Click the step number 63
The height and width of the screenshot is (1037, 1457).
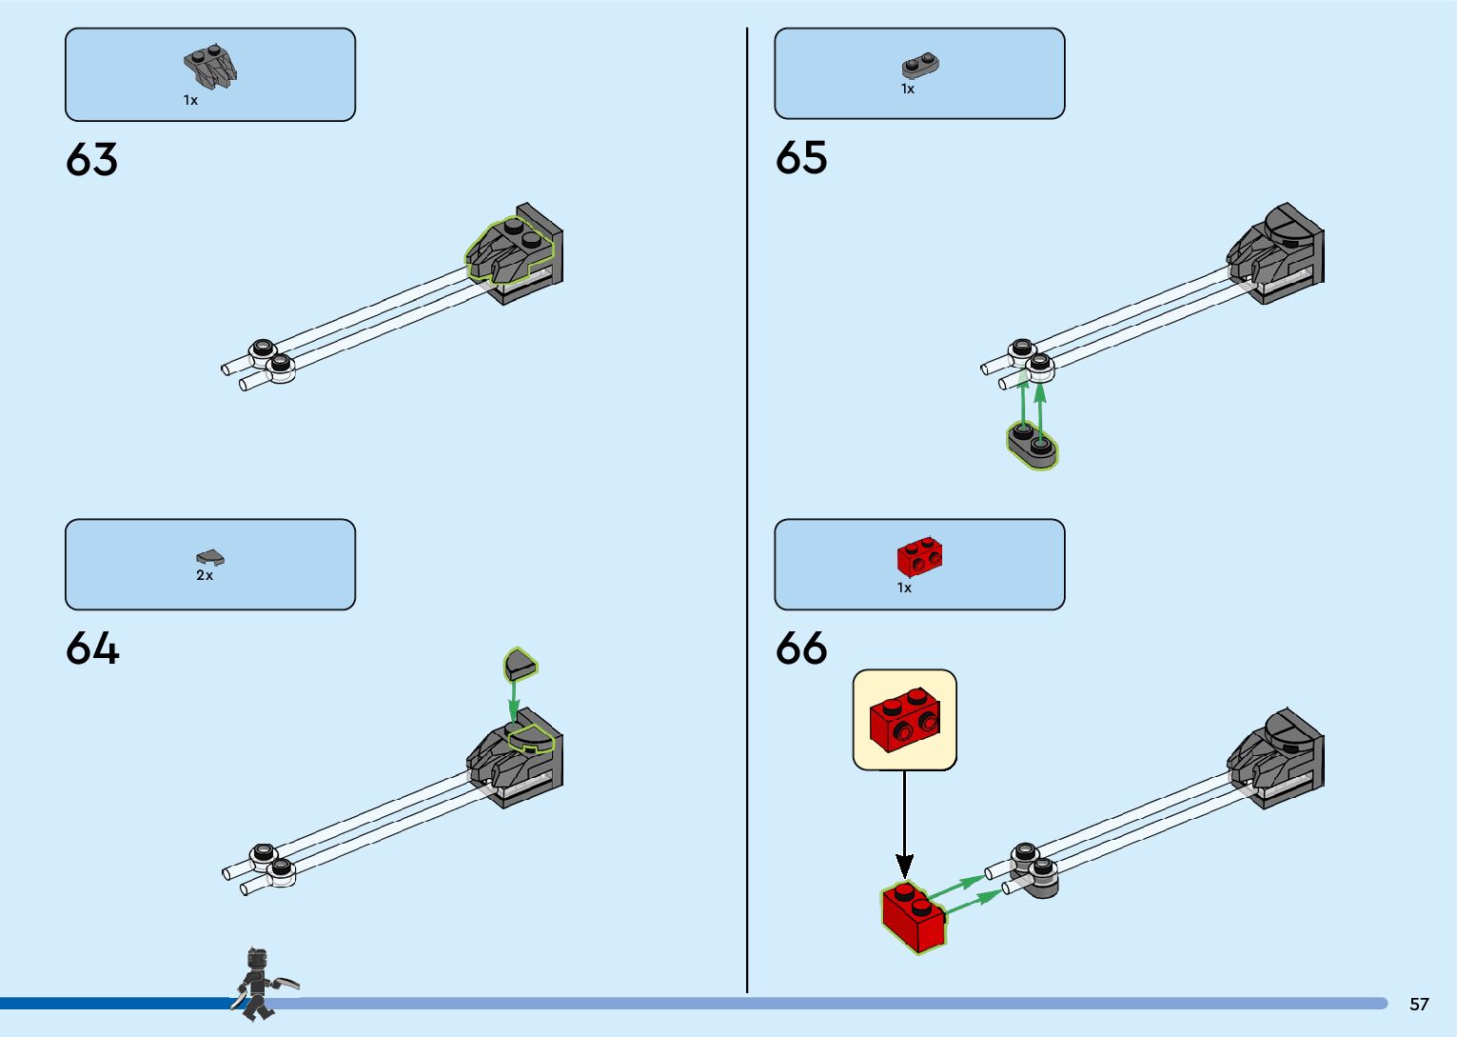click(91, 160)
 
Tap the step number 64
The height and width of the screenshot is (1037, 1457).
click(92, 649)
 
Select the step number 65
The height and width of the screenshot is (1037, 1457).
click(800, 158)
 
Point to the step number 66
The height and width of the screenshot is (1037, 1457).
click(800, 649)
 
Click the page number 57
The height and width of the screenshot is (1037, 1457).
click(1419, 1004)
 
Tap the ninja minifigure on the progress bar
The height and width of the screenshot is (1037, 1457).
click(259, 985)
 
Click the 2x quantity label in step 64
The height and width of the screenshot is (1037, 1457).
click(205, 575)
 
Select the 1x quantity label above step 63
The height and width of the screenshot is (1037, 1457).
click(190, 100)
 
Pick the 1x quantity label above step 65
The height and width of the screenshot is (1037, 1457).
click(907, 89)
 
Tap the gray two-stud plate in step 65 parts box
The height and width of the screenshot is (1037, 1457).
click(920, 66)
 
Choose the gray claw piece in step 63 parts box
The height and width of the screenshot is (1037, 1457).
click(210, 67)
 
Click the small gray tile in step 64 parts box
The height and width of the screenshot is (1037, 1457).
click(210, 557)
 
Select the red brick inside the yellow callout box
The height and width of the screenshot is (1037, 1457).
click(905, 719)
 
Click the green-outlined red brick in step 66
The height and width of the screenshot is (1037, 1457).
click(913, 916)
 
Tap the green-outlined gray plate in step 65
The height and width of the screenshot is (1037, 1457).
click(1033, 446)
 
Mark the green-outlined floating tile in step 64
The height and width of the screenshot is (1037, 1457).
click(520, 663)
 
